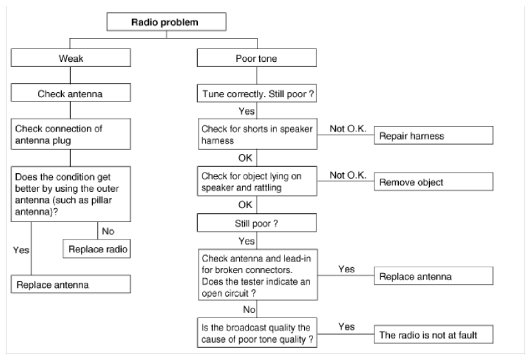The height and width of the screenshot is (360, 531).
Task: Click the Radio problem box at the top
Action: point(166,22)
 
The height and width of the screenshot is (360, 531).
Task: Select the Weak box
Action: point(70,58)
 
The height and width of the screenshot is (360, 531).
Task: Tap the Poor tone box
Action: point(256,58)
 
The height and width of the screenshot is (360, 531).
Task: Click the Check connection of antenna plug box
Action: point(70,134)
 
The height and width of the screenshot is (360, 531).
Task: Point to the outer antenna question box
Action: point(70,194)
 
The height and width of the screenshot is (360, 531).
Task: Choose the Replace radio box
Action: point(97,249)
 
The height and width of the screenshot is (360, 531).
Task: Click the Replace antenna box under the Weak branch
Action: point(70,284)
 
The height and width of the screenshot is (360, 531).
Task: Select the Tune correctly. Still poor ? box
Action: point(256,93)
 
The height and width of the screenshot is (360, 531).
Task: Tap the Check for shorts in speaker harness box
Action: point(257,134)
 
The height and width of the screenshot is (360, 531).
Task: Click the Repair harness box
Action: point(434,135)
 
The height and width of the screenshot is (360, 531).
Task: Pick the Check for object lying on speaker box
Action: point(257,181)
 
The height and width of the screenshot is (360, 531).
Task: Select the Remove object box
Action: point(434,182)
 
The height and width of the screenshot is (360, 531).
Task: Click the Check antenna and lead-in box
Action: point(258,275)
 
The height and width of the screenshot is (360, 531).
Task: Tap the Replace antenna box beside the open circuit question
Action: point(434,276)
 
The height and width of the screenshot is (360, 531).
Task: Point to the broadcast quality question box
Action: point(257,332)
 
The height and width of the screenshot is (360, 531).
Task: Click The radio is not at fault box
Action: point(434,334)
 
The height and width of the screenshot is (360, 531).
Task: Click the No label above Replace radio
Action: point(108,231)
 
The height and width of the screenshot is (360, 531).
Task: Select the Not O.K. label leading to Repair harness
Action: point(348,129)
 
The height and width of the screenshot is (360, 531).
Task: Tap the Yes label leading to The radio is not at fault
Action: point(347,327)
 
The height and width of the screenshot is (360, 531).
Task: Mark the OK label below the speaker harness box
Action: point(245,158)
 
